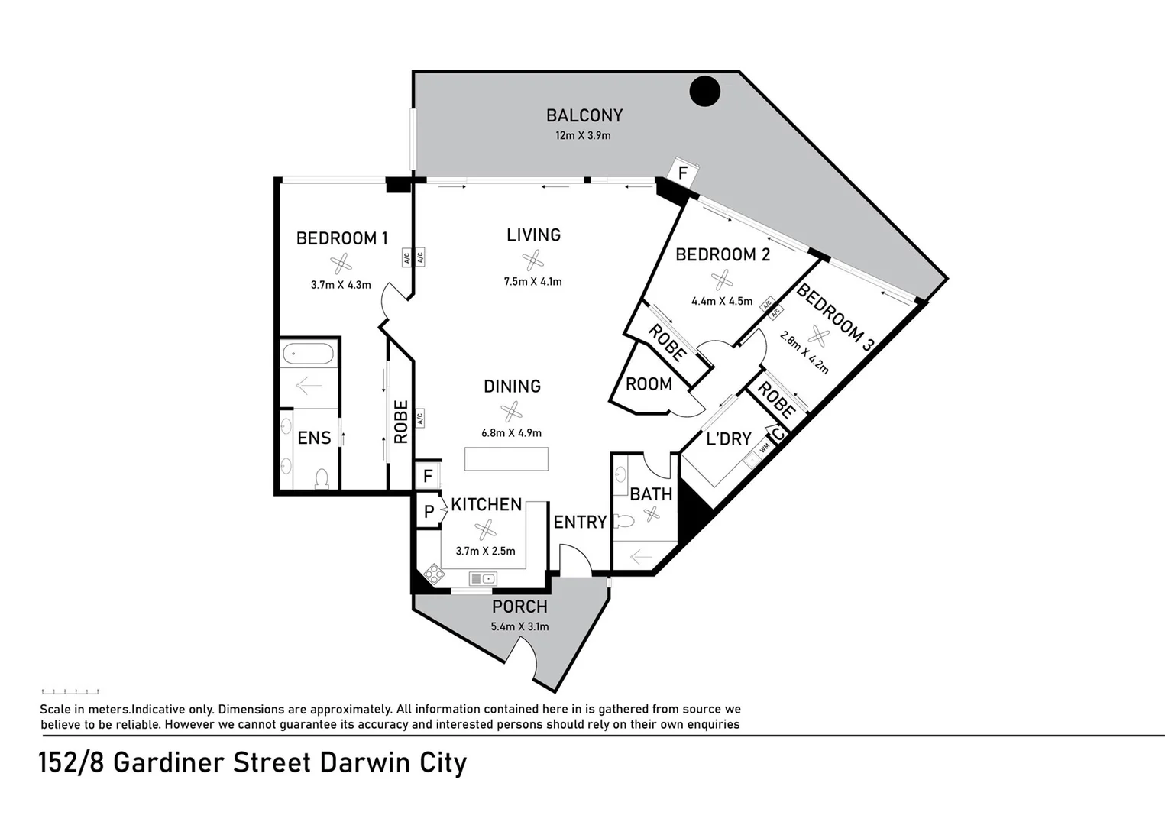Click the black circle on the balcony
click(704, 92)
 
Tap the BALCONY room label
click(584, 115)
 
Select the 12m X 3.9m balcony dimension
click(583, 136)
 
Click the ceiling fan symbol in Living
click(532, 260)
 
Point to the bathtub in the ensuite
click(308, 354)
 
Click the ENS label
click(314, 438)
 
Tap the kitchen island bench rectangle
click(506, 458)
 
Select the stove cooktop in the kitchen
click(435, 574)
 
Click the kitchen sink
click(483, 579)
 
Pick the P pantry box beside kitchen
click(429, 512)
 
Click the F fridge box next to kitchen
click(428, 476)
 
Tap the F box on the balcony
click(683, 173)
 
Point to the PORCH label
click(519, 607)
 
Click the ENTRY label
click(580, 522)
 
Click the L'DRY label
click(728, 438)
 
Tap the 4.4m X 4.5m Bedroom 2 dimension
click(722, 301)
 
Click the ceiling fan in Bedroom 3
click(818, 335)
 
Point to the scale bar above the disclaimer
click(70, 691)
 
